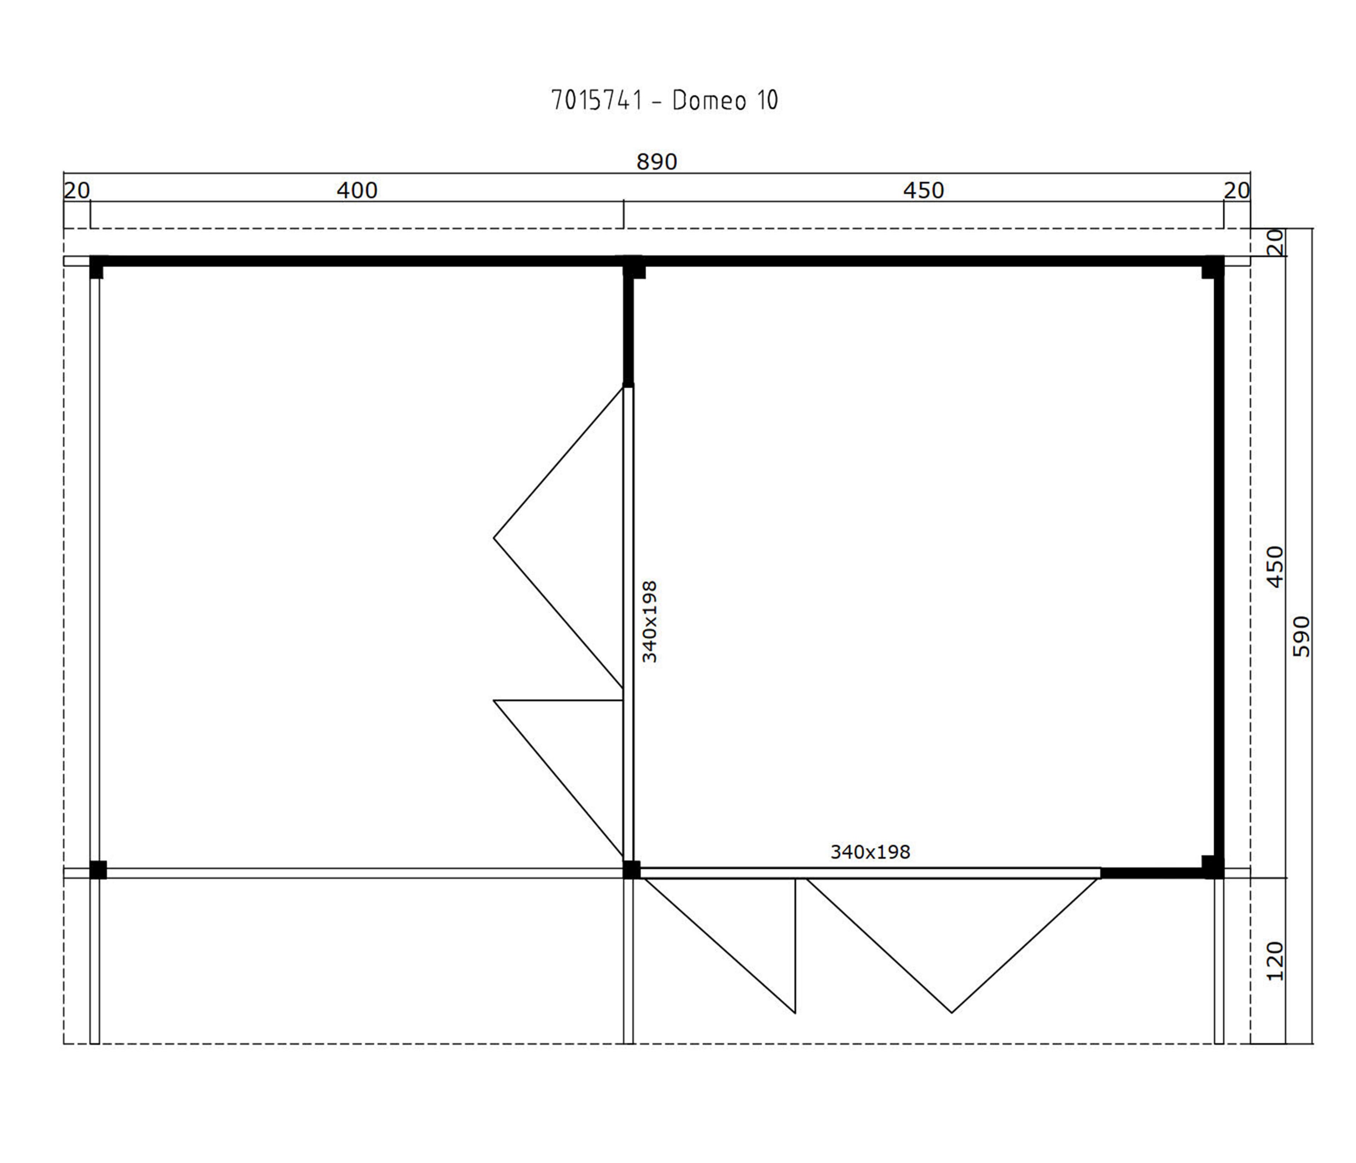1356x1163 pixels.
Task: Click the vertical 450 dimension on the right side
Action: [1275, 566]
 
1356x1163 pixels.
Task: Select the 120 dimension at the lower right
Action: [1275, 961]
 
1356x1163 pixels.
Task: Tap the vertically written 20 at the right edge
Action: [1275, 242]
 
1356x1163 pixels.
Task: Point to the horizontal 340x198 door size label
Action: [870, 852]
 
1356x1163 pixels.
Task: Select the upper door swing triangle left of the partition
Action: [558, 538]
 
